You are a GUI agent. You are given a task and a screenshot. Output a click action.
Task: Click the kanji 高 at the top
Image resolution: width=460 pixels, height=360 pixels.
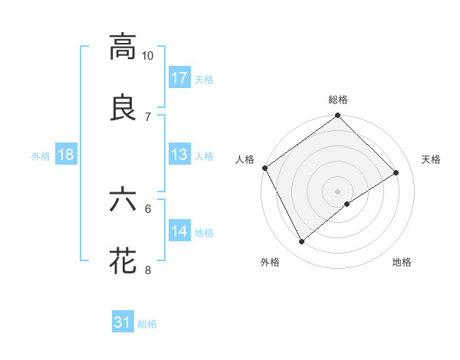[x=123, y=47]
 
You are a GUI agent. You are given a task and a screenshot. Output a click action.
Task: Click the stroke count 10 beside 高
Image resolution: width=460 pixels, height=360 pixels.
[x=148, y=56]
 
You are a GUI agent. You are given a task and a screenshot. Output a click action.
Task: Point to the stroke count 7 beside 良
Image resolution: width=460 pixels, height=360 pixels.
[x=148, y=116]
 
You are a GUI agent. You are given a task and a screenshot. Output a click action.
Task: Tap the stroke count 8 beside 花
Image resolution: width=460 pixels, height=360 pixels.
[x=148, y=270]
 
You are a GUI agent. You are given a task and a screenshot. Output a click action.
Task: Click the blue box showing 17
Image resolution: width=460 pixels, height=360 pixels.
[x=179, y=77]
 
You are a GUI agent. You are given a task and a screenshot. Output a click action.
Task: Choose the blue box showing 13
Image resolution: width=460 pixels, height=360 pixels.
[x=179, y=154]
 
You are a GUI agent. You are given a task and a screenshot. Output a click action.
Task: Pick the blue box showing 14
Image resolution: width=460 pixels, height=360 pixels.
[x=179, y=231]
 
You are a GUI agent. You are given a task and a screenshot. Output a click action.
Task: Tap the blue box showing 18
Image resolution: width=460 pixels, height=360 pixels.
[x=66, y=154]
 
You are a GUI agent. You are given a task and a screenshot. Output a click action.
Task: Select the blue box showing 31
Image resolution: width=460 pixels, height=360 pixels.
[x=123, y=322]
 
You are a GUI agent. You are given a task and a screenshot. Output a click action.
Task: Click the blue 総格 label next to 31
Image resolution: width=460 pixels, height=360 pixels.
[x=147, y=324]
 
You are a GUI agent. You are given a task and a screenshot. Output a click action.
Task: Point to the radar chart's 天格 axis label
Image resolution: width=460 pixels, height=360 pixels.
[x=432, y=159]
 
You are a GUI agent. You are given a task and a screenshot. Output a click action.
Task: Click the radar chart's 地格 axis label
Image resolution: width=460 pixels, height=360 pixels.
[x=402, y=262]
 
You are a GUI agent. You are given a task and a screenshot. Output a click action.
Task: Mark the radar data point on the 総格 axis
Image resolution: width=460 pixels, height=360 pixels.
[x=338, y=116]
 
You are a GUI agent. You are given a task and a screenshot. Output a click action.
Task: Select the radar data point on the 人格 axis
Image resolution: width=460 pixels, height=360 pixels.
[x=264, y=168]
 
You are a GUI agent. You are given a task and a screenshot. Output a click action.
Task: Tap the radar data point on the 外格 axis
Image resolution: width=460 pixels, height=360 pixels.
[x=301, y=242]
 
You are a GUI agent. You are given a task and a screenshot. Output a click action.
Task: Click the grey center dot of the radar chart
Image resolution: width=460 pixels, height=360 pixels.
[x=338, y=191]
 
